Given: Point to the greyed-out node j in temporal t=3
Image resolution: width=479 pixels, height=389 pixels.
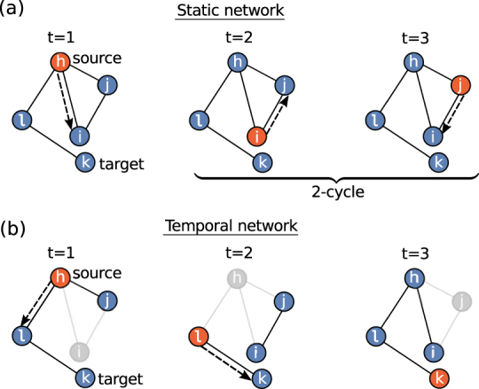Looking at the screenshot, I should coord(459,302).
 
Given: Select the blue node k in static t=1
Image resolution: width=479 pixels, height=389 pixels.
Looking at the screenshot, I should coord(85,163).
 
